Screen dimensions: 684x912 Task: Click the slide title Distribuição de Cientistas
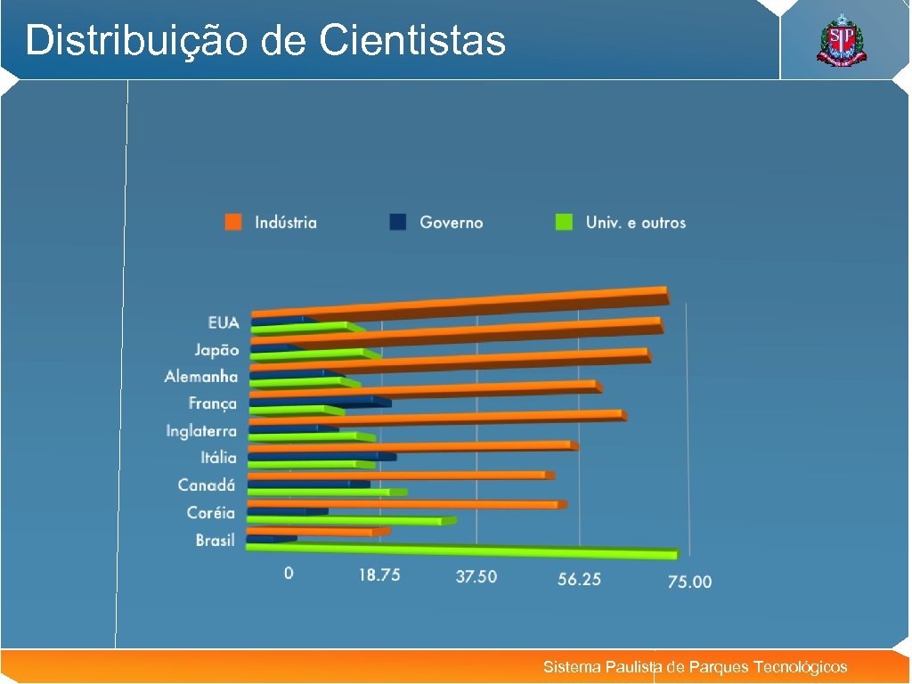point(265,41)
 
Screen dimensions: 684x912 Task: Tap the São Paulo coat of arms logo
point(840,42)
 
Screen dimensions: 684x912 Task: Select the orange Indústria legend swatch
point(234,223)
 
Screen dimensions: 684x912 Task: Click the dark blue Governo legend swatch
point(398,223)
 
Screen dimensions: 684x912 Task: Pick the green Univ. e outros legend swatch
point(564,223)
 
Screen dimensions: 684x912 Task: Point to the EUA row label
point(224,322)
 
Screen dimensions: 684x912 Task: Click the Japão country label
point(217,350)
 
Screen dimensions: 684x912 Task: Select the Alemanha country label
point(201,377)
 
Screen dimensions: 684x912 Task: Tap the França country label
point(213,403)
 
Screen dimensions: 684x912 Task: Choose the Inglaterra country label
point(201,431)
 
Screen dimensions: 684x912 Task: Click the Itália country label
point(218,458)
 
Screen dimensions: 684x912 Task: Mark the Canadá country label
point(207,485)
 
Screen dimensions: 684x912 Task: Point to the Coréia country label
point(211,513)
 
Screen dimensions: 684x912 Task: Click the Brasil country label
point(216,541)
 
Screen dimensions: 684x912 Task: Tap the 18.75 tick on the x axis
point(379,575)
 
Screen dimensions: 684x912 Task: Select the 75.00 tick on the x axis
point(689,582)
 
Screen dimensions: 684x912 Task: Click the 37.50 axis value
point(476,577)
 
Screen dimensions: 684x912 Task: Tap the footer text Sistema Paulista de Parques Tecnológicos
point(695,667)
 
